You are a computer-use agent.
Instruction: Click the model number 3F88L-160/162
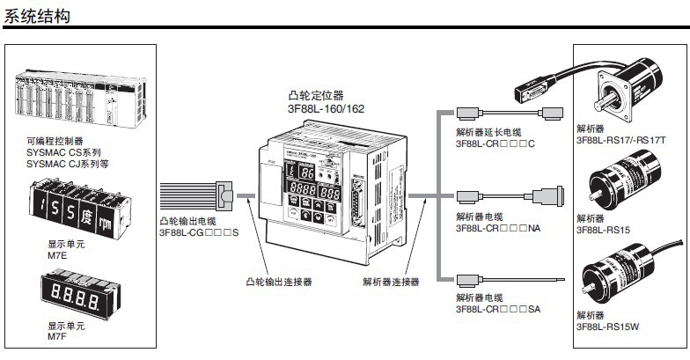click(326, 108)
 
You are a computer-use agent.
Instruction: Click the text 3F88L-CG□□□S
click(200, 231)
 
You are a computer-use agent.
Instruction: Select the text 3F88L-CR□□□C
click(495, 143)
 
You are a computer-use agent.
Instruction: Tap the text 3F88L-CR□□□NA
click(498, 227)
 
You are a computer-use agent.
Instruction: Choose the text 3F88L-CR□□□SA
click(498, 309)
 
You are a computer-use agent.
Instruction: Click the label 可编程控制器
click(55, 140)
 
